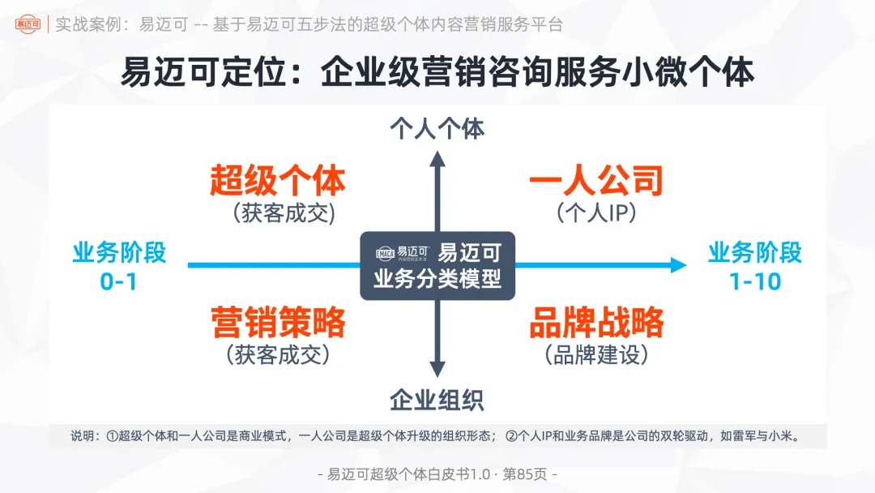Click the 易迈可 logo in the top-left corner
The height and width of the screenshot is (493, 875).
click(28, 24)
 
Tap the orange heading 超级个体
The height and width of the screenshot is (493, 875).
click(278, 181)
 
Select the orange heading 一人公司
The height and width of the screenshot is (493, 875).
click(596, 181)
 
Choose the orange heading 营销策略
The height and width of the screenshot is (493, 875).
click(278, 323)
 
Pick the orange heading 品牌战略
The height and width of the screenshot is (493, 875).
click(596, 323)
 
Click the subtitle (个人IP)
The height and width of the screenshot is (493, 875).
click(596, 212)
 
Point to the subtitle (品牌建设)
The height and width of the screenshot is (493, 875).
click(596, 354)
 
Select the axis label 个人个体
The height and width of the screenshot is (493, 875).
click(437, 129)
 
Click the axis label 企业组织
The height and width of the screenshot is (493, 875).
click(437, 400)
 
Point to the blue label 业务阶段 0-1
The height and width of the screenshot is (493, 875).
click(119, 265)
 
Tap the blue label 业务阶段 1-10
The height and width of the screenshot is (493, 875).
click(755, 265)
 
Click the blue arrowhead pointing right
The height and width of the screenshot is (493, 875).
click(678, 264)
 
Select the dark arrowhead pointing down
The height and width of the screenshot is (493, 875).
click(437, 371)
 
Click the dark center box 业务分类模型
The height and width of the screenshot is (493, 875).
click(437, 266)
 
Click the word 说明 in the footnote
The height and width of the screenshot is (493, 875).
click(83, 436)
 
